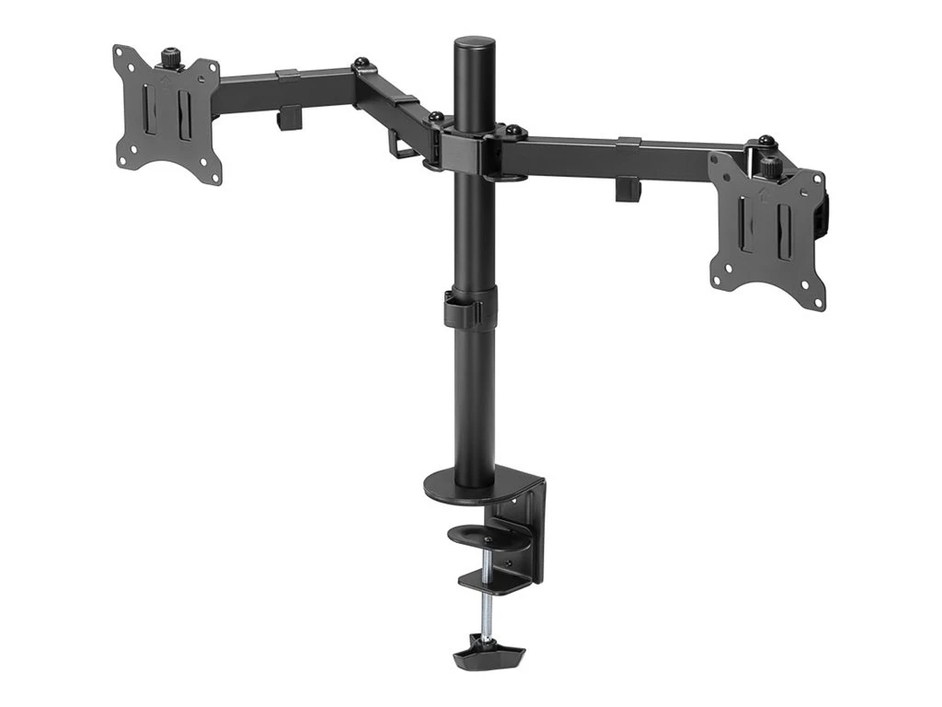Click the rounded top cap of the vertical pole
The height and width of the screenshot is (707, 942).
point(475,43)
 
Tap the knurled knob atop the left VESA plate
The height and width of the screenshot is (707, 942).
point(171,58)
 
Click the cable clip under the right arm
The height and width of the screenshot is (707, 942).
point(628,187)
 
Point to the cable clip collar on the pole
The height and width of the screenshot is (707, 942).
point(473,307)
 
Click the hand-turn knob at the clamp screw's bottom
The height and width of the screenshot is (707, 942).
point(488,655)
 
